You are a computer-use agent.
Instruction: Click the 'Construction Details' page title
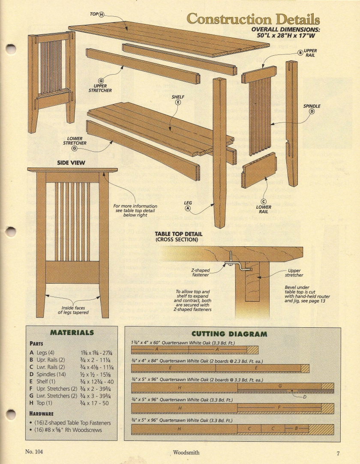[x=253, y=19]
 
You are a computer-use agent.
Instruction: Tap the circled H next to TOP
[x=102, y=15]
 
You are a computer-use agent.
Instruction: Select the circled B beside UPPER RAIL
[x=300, y=53]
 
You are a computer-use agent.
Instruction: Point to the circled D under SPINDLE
[x=312, y=111]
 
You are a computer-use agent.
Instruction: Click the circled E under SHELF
[x=178, y=102]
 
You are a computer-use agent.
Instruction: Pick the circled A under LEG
[x=188, y=209]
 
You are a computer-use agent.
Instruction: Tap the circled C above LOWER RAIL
[x=264, y=202]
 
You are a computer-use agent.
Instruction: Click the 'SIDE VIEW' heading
[x=71, y=163]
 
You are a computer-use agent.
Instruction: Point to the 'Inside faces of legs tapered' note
[x=73, y=310]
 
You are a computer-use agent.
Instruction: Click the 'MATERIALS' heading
[x=72, y=332]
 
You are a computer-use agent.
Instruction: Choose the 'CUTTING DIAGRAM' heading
[x=229, y=334]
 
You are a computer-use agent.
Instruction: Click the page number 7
[x=338, y=452]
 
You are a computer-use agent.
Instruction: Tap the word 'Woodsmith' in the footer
[x=186, y=452]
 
